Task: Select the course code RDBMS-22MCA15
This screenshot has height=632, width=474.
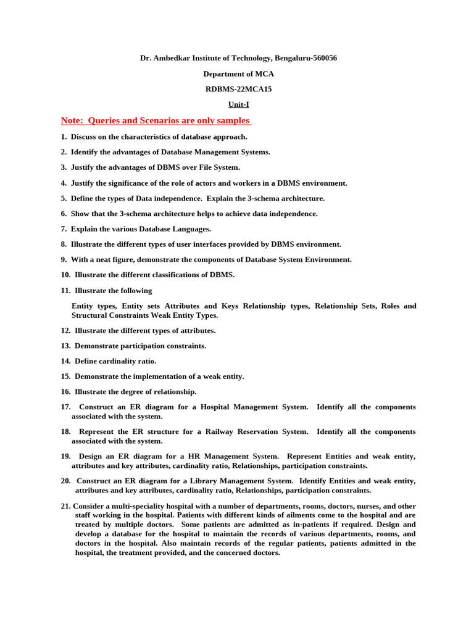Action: [238, 89]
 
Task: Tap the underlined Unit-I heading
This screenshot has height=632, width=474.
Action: [238, 104]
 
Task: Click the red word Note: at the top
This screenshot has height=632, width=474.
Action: [72, 120]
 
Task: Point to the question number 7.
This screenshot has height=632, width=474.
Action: [64, 229]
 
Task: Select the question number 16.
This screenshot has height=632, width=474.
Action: [65, 392]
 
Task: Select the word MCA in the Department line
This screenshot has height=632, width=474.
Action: [261, 74]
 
